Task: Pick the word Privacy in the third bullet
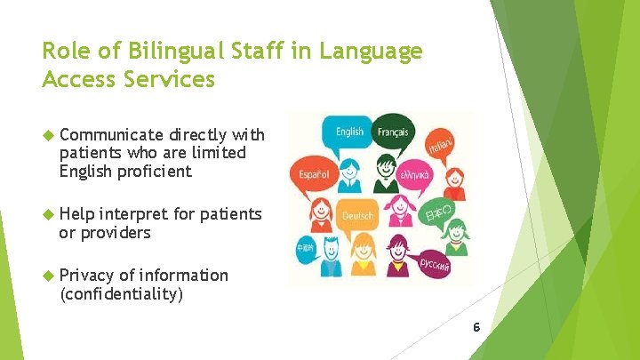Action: [x=87, y=275]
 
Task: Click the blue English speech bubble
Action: [x=349, y=132]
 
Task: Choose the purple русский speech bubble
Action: [x=434, y=264]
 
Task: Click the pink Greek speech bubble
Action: [x=414, y=175]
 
